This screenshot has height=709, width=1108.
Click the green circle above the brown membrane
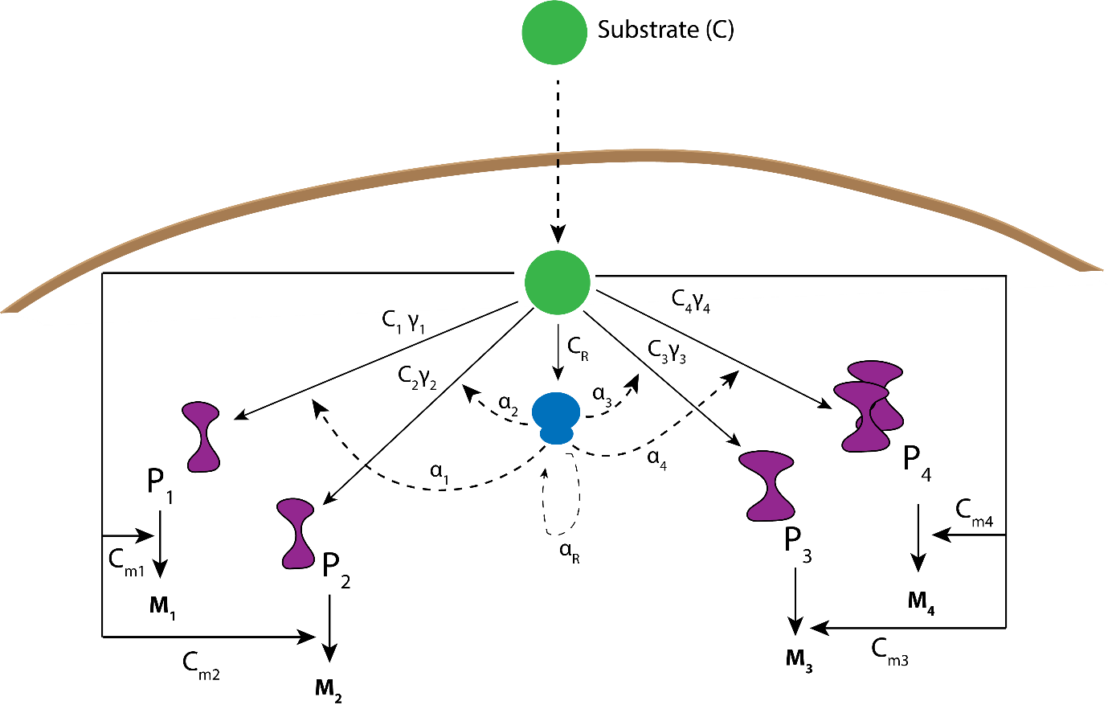click(554, 32)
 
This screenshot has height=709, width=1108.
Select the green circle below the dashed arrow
click(558, 282)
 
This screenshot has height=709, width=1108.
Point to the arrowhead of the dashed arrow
click(558, 234)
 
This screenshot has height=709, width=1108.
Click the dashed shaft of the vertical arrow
click(558, 193)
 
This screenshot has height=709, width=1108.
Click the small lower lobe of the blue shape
click(557, 435)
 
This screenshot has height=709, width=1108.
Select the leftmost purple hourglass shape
click(202, 436)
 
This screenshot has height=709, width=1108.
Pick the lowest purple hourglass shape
click(296, 533)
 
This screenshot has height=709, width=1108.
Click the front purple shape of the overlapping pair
click(863, 416)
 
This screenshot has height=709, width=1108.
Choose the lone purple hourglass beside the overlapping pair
click(768, 486)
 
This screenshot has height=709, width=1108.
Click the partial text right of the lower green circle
click(688, 298)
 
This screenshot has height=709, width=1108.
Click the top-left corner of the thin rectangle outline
click(103, 274)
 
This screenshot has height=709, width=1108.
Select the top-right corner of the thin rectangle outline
click(1005, 277)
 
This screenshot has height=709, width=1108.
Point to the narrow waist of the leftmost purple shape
click(204, 438)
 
